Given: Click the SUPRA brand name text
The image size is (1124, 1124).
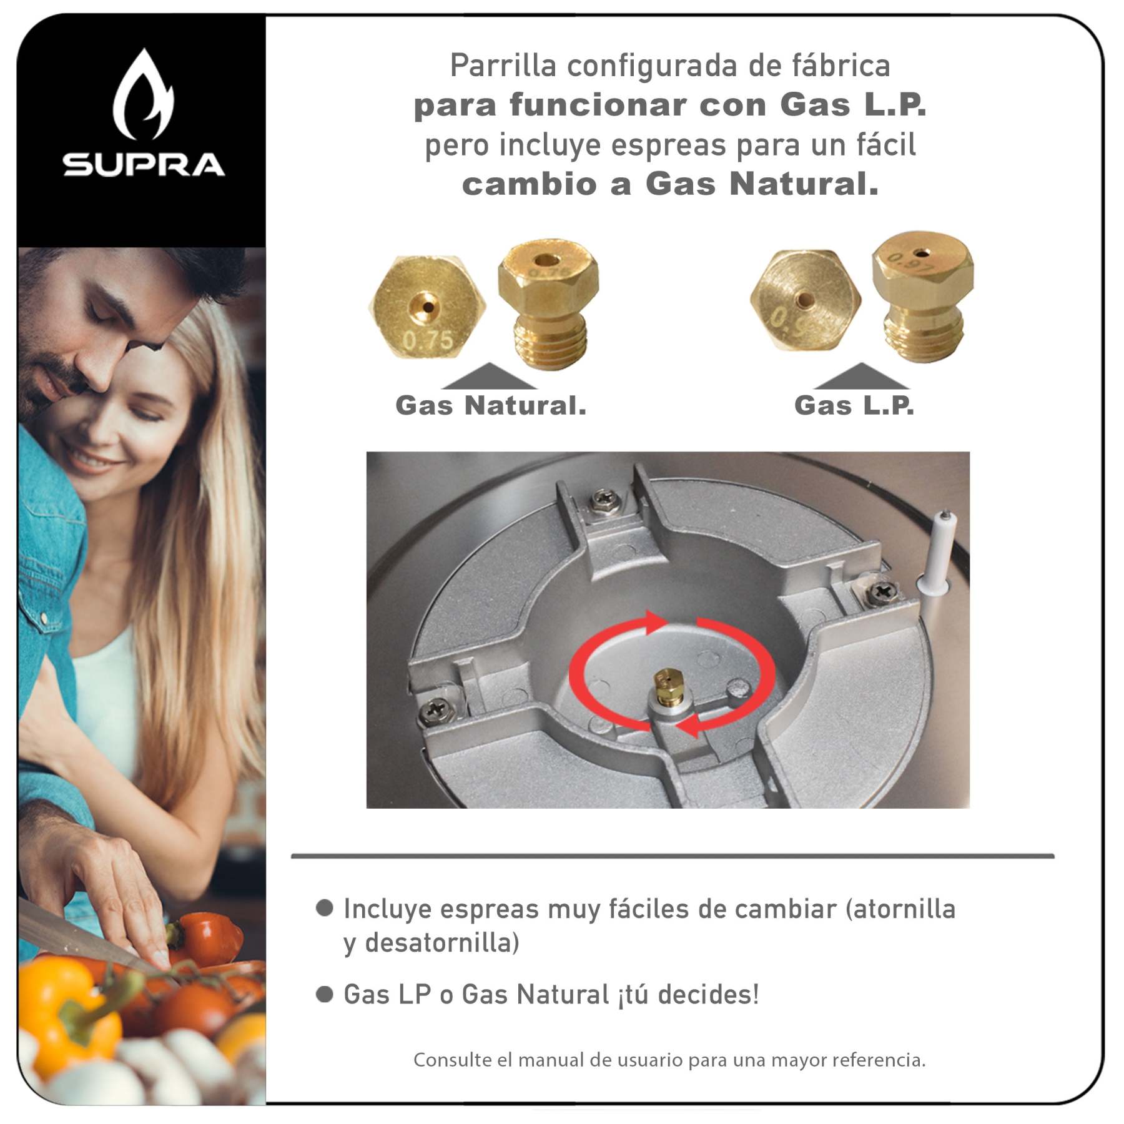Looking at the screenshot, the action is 144,164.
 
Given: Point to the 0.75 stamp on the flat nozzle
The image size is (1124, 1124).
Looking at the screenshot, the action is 428,340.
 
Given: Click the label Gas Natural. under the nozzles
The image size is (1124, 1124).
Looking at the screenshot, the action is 491,405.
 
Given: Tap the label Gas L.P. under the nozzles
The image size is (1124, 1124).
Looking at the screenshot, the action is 854,405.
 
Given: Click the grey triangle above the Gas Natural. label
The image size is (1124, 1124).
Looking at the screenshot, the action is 489,377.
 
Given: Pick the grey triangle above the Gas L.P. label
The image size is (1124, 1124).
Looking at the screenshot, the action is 861,377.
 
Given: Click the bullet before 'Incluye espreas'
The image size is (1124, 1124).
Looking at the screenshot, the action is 324,908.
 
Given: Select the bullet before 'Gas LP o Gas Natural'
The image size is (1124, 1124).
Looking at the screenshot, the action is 324,994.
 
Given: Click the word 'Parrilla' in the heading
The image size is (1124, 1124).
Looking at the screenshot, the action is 503,66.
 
